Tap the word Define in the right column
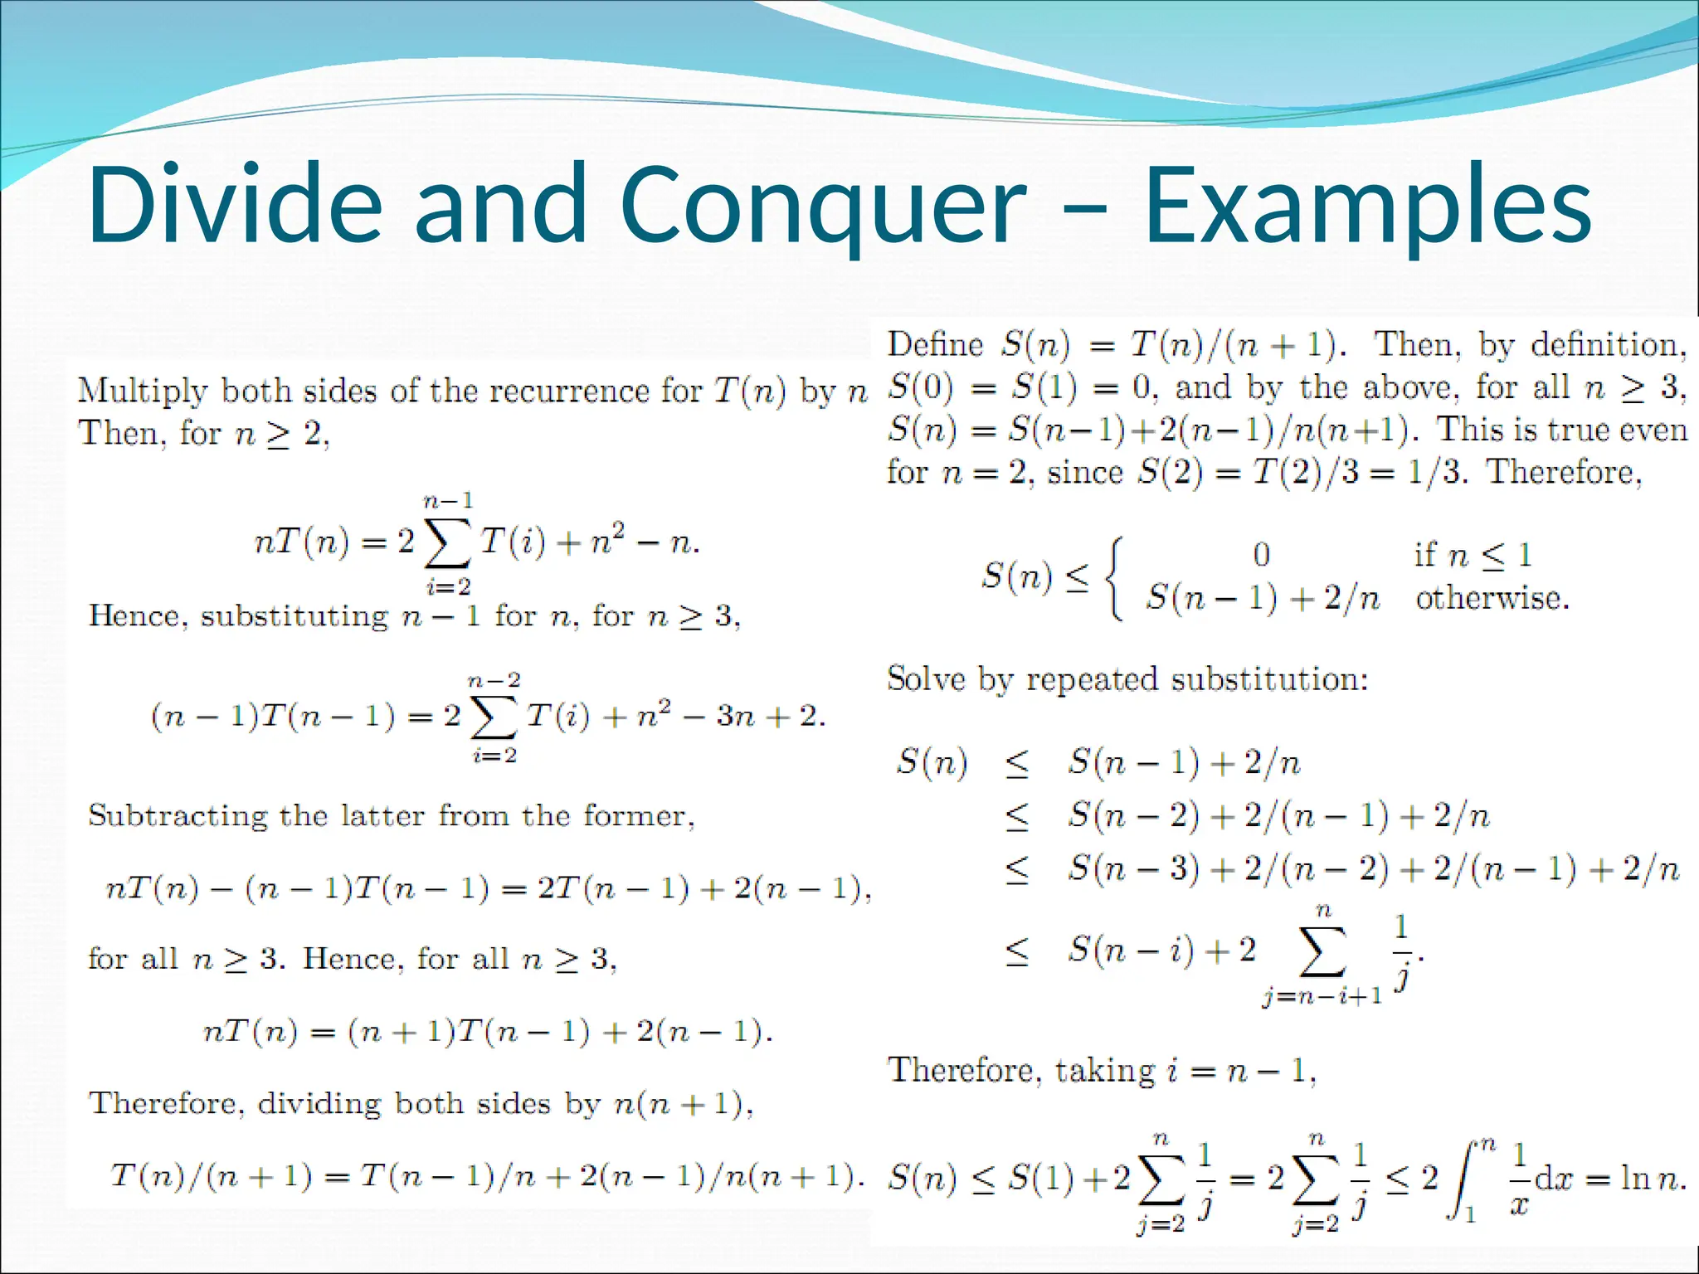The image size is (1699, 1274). pyautogui.click(x=935, y=344)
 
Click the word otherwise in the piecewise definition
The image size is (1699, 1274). pyautogui.click(x=1492, y=598)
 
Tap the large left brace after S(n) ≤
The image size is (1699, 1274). pyautogui.click(x=1116, y=577)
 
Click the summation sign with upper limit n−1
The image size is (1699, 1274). pyautogui.click(x=447, y=544)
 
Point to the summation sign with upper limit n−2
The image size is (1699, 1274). pyautogui.click(x=494, y=718)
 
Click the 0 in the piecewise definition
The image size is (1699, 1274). pyautogui.click(x=1261, y=554)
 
